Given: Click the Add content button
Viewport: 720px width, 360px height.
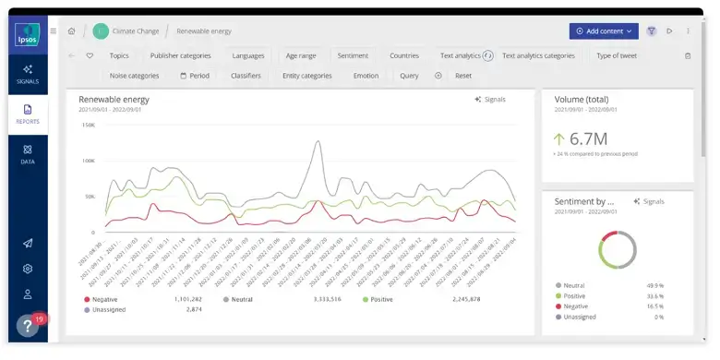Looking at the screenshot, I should click(604, 30).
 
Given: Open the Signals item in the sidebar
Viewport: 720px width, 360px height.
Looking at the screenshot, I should click(28, 74).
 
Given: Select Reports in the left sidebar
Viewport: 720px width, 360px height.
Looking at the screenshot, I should click(28, 114).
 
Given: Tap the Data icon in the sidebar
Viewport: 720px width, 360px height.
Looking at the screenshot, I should click(28, 153).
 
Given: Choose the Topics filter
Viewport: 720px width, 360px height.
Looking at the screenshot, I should click(119, 55).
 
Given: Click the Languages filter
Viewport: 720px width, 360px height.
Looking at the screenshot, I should click(248, 55).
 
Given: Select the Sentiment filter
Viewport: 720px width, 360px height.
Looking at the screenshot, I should click(353, 55).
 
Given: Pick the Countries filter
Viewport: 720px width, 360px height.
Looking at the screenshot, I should click(404, 55).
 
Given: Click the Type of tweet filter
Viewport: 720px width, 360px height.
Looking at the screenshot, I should click(617, 55).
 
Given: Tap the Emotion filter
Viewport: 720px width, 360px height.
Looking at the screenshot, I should click(366, 76).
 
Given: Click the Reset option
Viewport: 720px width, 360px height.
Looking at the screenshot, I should click(463, 76).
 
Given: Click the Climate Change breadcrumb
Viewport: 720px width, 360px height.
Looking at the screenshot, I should click(136, 30).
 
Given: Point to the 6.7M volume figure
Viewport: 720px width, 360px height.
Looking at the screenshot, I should click(588, 138).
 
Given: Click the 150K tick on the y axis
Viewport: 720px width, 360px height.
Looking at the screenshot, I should click(89, 125).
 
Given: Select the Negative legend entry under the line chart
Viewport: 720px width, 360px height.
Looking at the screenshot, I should click(104, 300).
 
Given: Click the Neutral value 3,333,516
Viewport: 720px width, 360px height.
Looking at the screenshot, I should click(328, 300).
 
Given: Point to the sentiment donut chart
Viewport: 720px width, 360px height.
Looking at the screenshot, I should click(618, 249).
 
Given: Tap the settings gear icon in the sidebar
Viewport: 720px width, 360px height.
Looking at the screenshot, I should click(28, 269).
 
